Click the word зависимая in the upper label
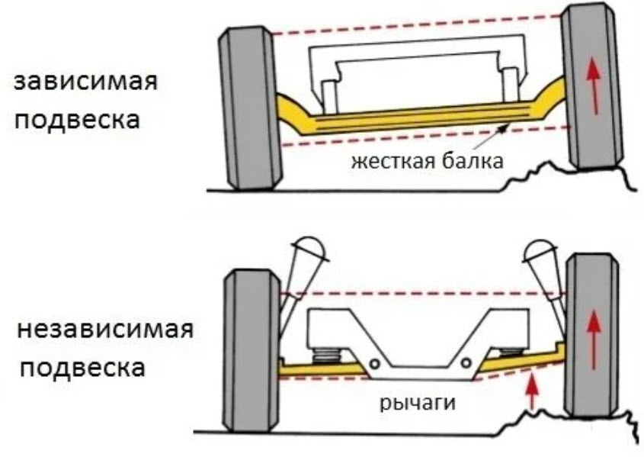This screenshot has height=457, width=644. coord(86,82)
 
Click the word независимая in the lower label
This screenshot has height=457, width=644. coord(105,330)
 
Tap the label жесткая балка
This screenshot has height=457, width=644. coord(427,161)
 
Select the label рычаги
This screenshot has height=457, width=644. coord(418,402)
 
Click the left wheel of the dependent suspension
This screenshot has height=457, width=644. coord(250,108)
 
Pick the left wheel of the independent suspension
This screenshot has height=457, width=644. coord(252,351)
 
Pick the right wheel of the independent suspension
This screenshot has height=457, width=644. coord(592,336)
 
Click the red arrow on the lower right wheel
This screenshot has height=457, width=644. coord(592,339)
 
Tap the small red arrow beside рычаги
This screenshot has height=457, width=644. coord(532,391)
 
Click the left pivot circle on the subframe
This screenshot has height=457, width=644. coord(374,363)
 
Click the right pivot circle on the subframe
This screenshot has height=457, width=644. coord(466,363)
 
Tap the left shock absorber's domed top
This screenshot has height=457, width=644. coord(311,249)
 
